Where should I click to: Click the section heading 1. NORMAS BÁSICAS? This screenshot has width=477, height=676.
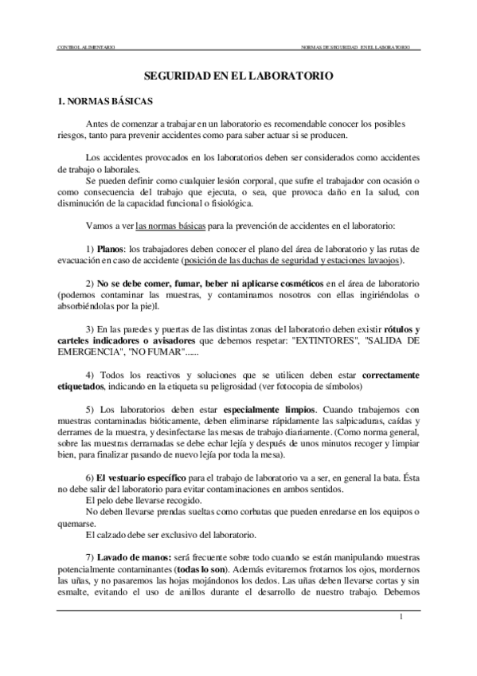pyautogui.click(x=100, y=103)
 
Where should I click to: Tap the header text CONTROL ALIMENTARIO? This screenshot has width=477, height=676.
pyautogui.click(x=85, y=49)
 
